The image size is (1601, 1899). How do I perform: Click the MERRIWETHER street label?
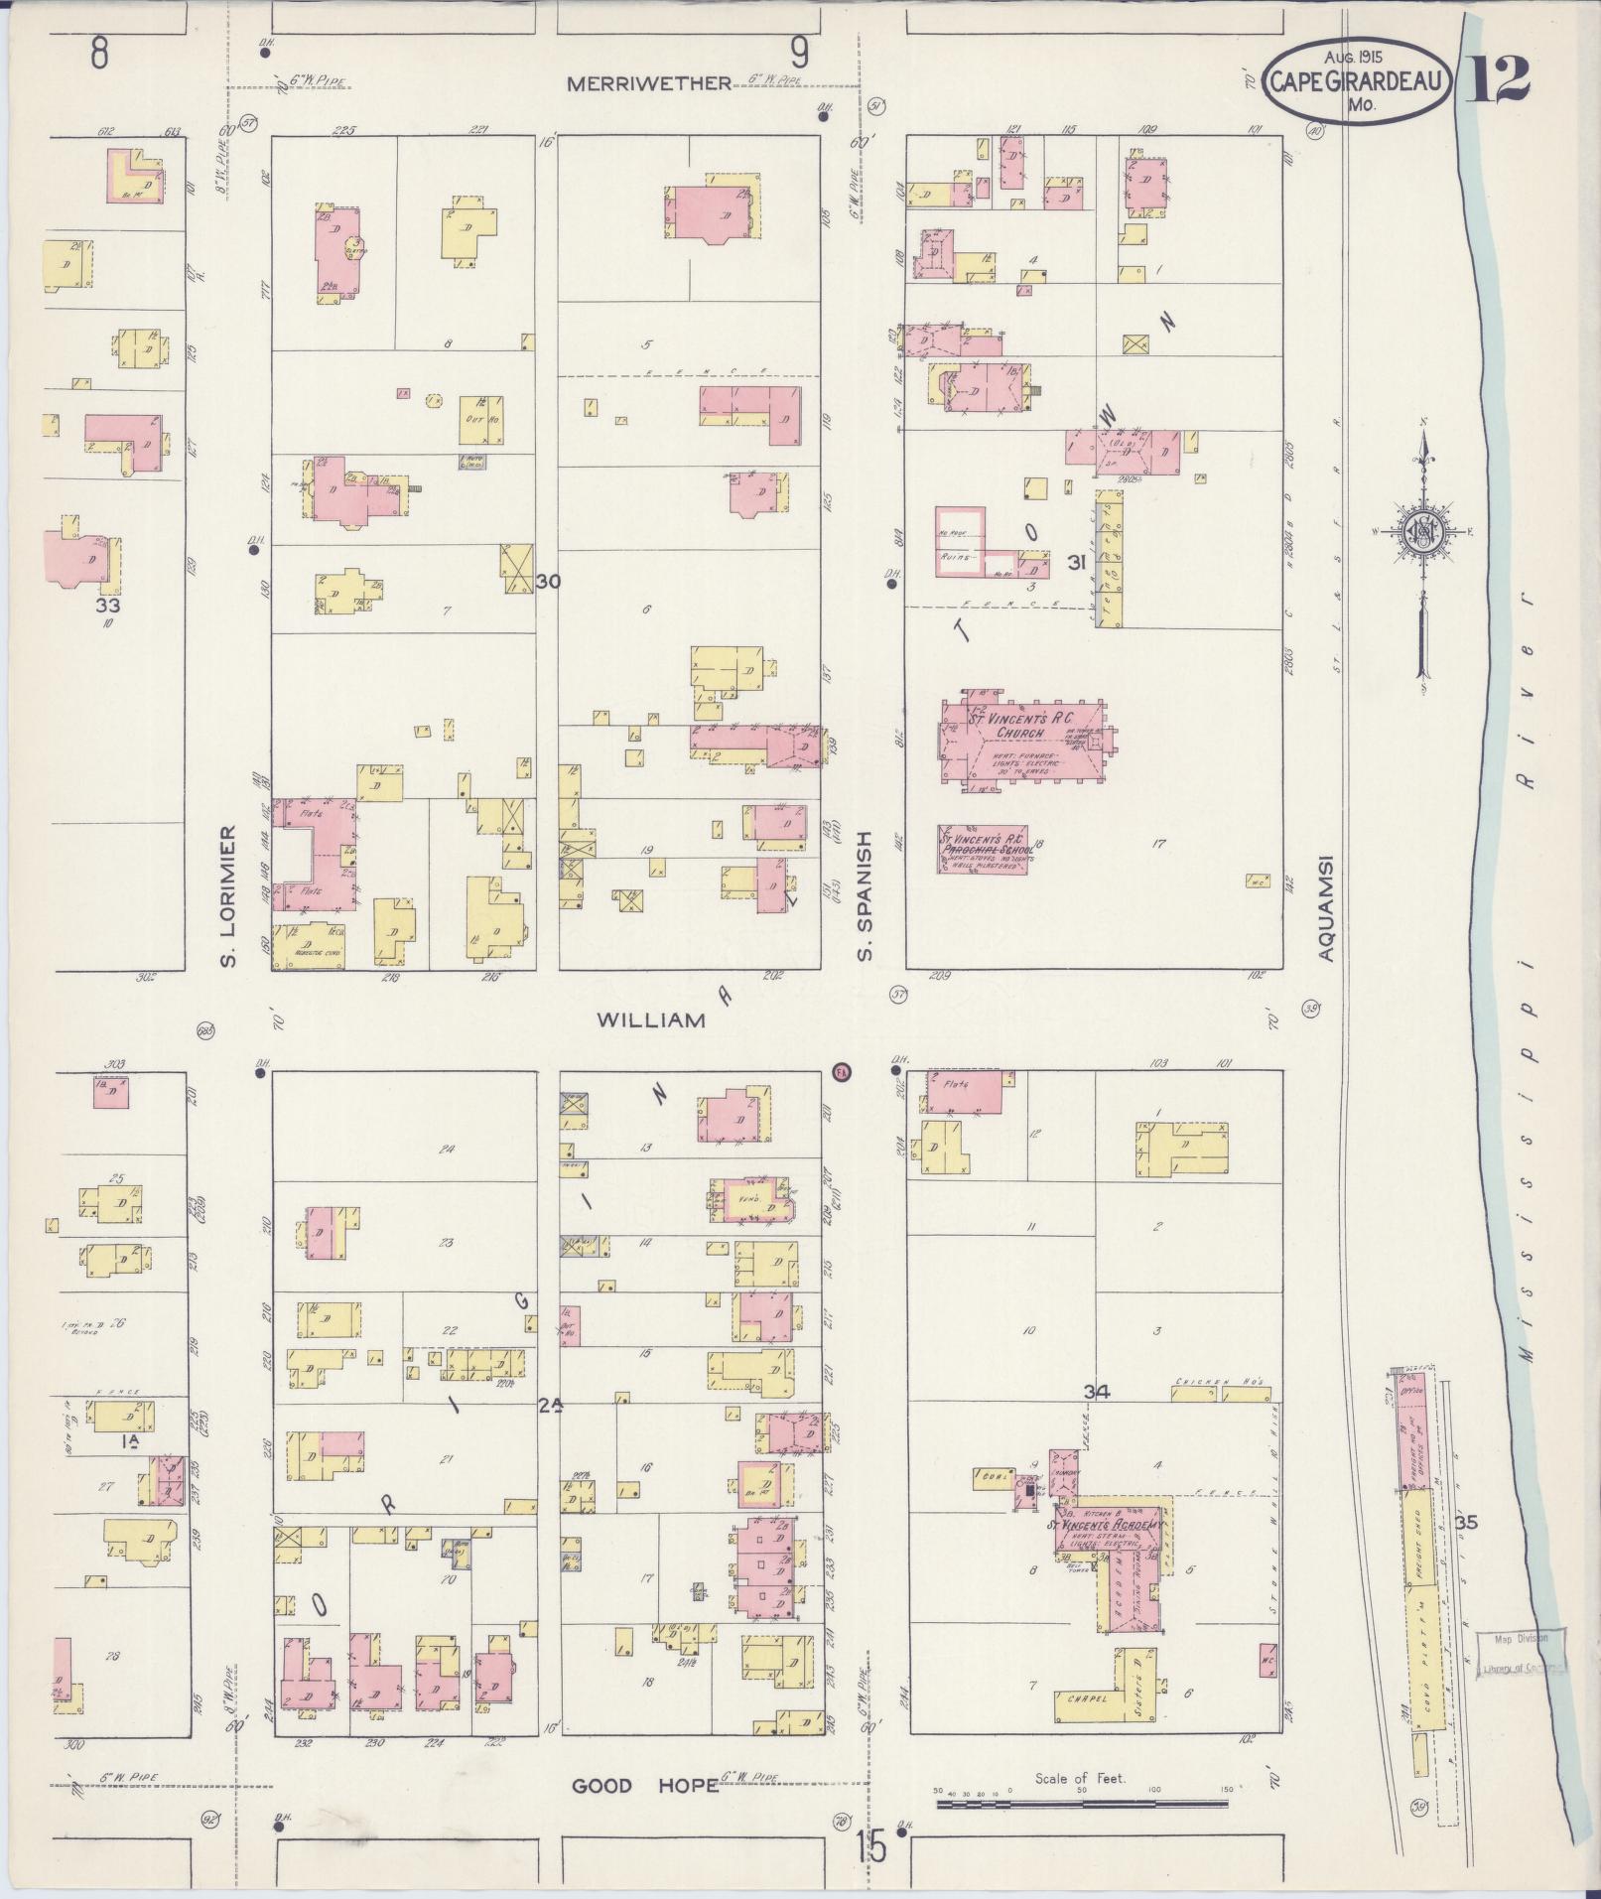(648, 84)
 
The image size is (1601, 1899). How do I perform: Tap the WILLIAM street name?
(651, 1019)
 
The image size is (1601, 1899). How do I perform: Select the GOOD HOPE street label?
(645, 1786)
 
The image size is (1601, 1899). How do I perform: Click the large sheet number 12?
(1497, 80)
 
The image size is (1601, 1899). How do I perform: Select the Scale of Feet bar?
(1085, 1793)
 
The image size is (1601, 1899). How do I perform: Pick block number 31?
(1076, 563)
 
